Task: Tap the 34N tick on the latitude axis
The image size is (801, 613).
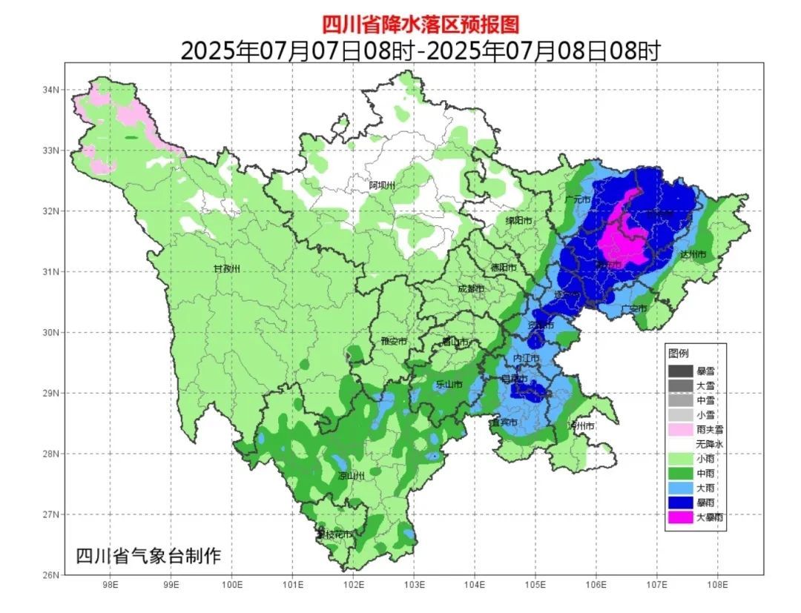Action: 50,90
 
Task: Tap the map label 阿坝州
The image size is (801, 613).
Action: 383,185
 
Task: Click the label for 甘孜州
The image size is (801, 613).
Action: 227,268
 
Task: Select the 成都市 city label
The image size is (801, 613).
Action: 471,288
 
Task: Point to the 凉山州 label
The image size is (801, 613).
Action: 351,476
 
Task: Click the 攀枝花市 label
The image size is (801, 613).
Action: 333,534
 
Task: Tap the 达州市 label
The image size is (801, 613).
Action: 692,254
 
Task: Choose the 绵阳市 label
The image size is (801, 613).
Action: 519,220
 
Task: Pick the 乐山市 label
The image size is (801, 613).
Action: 449,384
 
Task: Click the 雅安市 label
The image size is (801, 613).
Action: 393,342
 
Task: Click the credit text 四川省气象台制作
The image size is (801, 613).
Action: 148,555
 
